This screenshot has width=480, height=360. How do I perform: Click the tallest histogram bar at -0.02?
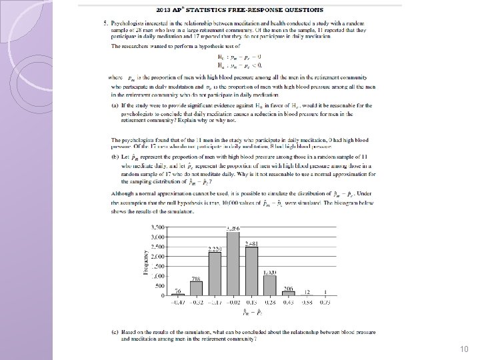pos(233,264)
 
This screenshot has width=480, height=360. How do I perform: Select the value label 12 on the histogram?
pos(307,292)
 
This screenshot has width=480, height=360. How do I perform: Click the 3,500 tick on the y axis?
pos(157,227)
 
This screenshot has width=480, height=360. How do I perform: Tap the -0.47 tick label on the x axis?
pos(178,301)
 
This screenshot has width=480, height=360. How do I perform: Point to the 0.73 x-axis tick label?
pos(325,301)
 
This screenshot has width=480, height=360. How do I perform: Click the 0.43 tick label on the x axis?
pos(289,301)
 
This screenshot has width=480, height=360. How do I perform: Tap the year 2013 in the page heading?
pos(164,10)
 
